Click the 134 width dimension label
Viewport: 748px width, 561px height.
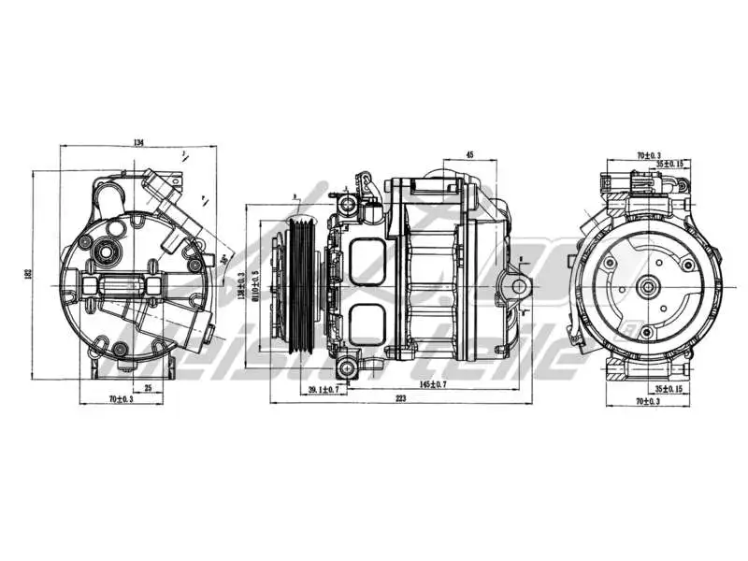(138, 142)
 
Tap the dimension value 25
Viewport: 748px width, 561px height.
(147, 387)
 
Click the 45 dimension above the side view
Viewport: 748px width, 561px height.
(468, 155)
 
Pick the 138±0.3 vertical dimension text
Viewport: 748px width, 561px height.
(241, 283)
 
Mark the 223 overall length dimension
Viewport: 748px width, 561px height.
(401, 398)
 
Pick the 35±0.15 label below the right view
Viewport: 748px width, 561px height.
(668, 388)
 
